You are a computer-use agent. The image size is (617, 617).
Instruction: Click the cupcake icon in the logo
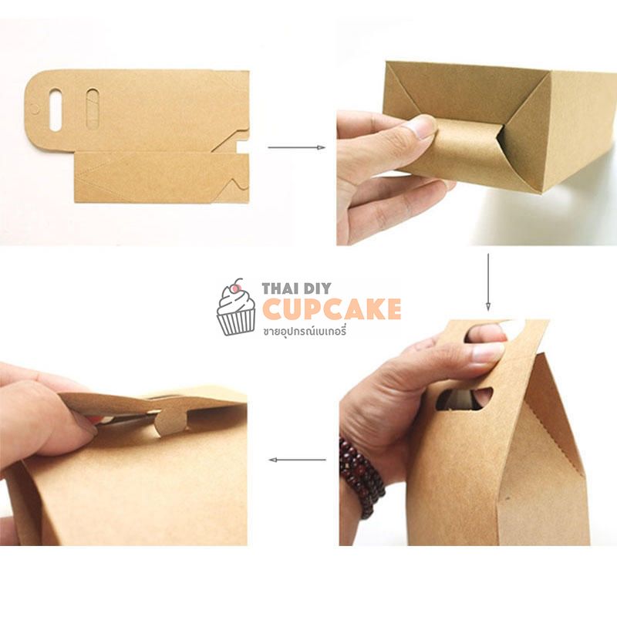coord(236,307)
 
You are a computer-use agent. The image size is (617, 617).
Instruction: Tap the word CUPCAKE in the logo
coord(332,309)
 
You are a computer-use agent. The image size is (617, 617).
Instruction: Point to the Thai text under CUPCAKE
coord(305,331)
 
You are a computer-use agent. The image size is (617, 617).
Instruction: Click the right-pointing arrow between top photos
coord(296,147)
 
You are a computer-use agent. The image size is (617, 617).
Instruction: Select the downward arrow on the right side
coord(488,282)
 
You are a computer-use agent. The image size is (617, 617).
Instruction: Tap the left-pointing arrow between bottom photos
coord(297,460)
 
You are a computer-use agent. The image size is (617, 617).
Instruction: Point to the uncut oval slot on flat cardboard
coord(93,108)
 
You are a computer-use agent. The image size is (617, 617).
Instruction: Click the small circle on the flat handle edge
coord(35,109)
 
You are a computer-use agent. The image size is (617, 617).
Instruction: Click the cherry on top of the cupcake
coord(236,288)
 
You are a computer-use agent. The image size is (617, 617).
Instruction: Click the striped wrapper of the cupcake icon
coord(236,322)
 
